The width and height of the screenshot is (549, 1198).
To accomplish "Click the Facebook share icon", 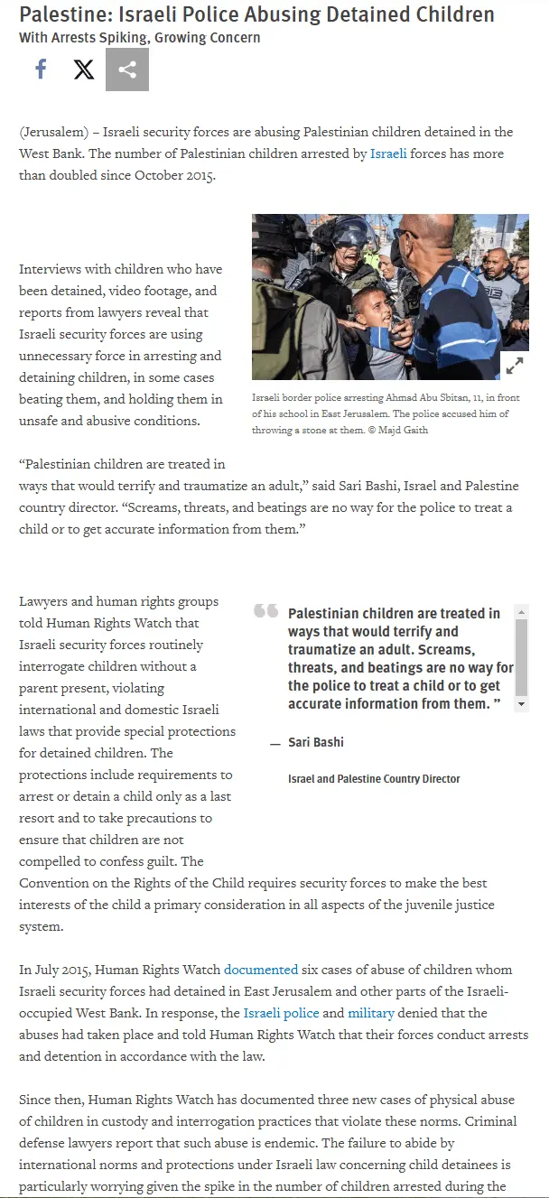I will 41,70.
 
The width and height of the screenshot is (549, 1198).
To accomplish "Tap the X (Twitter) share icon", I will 84,70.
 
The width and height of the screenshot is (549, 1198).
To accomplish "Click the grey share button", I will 127,70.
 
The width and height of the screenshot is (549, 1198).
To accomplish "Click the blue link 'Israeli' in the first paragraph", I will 388,153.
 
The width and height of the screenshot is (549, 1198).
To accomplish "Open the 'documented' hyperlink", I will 261,970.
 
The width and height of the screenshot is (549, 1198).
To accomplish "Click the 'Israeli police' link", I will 282,1013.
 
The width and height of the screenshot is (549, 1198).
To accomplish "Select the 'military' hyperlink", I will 371,1013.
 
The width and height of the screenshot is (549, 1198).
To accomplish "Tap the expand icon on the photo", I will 514,365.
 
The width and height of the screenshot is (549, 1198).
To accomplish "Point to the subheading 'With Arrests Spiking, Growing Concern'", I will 140,38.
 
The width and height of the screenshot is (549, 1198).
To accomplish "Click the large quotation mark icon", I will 265,611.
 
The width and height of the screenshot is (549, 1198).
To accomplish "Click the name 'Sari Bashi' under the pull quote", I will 316,742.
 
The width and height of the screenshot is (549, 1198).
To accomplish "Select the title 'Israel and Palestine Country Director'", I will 374,778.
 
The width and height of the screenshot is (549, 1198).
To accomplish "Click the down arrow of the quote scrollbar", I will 522,704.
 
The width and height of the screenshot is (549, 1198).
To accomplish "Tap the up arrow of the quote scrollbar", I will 522,612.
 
